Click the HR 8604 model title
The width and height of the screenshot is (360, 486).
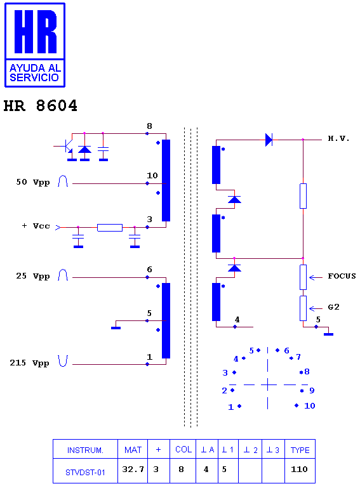click(40, 106)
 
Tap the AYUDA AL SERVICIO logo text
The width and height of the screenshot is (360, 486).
click(35, 73)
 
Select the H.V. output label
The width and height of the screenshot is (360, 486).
click(338, 138)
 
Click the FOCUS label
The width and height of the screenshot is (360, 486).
click(342, 276)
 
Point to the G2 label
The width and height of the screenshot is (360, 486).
click(333, 307)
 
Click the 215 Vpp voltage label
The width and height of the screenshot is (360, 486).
click(29, 363)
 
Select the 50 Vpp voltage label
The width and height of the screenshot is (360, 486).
click(33, 182)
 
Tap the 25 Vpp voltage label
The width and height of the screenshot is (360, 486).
click(33, 276)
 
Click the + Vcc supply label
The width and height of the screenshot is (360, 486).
click(36, 226)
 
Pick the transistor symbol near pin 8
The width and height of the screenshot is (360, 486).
click(66, 146)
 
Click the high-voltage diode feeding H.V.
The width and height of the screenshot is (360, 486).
click(269, 140)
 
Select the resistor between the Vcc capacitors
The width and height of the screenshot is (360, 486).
click(110, 228)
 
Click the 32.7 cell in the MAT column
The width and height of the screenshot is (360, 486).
click(133, 470)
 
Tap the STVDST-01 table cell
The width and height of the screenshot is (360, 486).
click(85, 473)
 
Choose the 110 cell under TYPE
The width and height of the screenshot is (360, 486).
click(299, 470)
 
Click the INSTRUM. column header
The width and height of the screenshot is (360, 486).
click(85, 450)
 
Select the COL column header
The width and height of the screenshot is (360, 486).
click(183, 449)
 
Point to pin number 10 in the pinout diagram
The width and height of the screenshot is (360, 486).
click(309, 405)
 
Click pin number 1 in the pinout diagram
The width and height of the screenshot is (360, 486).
click(230, 407)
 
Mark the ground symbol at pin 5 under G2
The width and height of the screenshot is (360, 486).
click(328, 334)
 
